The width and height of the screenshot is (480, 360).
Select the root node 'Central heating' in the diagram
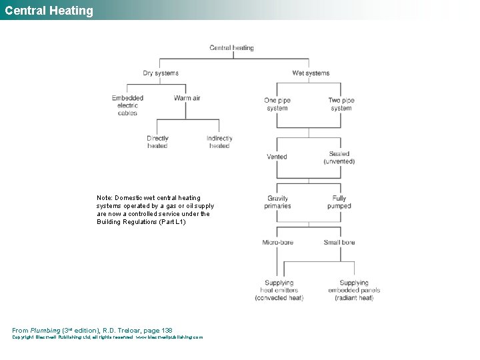[x=231, y=48]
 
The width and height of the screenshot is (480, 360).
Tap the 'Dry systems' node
[x=161, y=73]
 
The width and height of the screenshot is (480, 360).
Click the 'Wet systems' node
[x=311, y=73]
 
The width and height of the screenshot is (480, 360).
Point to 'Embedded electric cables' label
[x=127, y=105]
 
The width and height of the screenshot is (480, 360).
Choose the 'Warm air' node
[x=187, y=98]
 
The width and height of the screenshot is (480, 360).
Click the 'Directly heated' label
[x=157, y=142]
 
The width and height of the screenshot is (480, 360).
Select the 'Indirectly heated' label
[x=219, y=142]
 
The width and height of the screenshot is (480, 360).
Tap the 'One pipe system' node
[x=277, y=104]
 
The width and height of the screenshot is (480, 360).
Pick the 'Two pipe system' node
[x=341, y=104]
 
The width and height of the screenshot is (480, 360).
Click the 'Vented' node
[x=277, y=157]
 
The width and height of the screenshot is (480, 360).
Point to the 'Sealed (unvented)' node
[x=339, y=157]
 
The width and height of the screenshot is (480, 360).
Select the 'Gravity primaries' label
[x=277, y=202]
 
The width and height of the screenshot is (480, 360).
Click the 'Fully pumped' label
[x=339, y=202]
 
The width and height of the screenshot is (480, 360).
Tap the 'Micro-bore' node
[x=277, y=243]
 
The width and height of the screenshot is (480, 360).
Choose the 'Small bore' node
[x=339, y=243]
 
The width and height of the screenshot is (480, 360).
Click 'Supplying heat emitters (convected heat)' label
[x=279, y=290]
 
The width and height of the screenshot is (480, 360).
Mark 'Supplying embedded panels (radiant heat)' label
[x=353, y=290]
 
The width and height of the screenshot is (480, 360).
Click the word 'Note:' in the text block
[x=105, y=198]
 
